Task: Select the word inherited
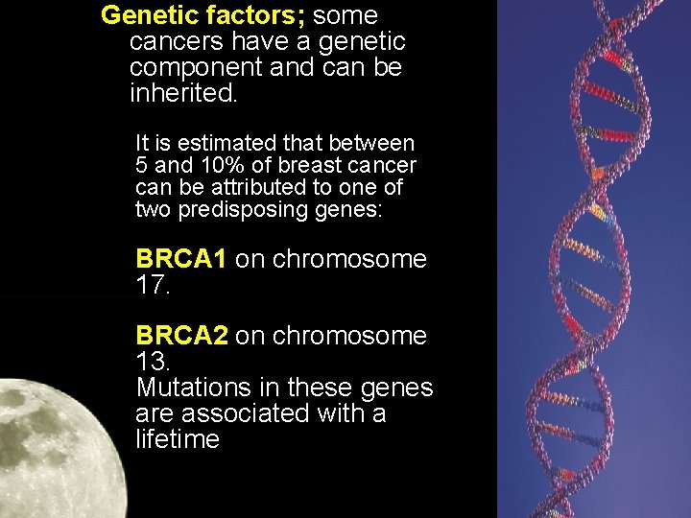tap(182, 94)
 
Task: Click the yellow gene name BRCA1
tap(181, 259)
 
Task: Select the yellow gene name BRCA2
tap(181, 336)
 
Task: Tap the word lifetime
tap(178, 439)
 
